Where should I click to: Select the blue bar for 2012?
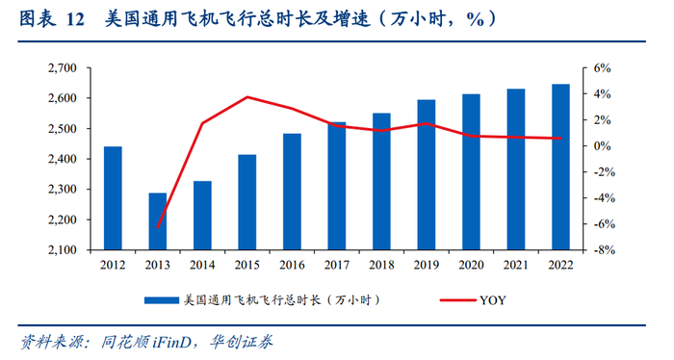click(x=113, y=198)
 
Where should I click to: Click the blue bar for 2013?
click(x=158, y=221)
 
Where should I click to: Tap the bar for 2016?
click(x=293, y=192)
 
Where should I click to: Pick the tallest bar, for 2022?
click(x=561, y=167)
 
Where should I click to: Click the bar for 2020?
click(x=471, y=172)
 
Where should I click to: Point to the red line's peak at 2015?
click(x=247, y=96)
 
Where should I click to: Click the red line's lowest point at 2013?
click(x=158, y=227)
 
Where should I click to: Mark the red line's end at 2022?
click(x=561, y=139)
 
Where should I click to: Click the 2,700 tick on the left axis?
click(x=63, y=68)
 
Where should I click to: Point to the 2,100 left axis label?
click(x=63, y=250)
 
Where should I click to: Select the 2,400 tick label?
click(x=63, y=159)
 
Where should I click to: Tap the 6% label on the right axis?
click(x=602, y=68)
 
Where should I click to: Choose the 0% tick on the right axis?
click(x=602, y=146)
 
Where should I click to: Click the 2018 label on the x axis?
click(x=381, y=265)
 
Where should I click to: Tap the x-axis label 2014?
click(x=202, y=265)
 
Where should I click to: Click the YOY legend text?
click(x=493, y=300)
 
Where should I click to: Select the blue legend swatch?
click(x=162, y=300)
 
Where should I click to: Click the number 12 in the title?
click(x=76, y=19)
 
